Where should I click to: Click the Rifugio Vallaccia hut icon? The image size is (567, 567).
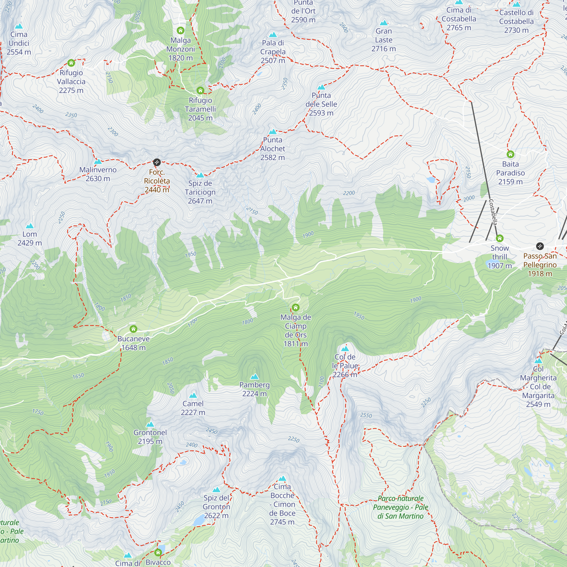[71, 63]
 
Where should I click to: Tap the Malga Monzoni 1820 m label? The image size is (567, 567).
[181, 49]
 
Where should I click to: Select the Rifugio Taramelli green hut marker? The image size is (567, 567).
[200, 90]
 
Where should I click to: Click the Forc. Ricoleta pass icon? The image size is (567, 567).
[157, 162]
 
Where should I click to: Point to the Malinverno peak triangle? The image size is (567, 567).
[98, 162]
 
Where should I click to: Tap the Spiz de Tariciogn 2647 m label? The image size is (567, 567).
[200, 192]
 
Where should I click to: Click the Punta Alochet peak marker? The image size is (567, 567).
[273, 132]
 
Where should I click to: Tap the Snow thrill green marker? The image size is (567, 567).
[500, 238]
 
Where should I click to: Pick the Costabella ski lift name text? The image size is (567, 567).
[493, 212]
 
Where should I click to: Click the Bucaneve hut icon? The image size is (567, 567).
[134, 329]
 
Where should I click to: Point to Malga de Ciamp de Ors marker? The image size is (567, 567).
[295, 307]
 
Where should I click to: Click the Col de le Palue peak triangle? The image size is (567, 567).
[345, 349]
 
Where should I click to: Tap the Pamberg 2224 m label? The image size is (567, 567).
[255, 389]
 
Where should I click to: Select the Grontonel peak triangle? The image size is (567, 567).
[150, 424]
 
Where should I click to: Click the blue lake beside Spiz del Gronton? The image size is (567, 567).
[199, 521]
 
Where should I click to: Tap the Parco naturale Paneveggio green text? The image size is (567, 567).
[400, 507]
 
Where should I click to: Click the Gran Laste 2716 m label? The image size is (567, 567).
[384, 40]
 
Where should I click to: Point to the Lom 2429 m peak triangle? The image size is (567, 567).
[30, 226]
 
